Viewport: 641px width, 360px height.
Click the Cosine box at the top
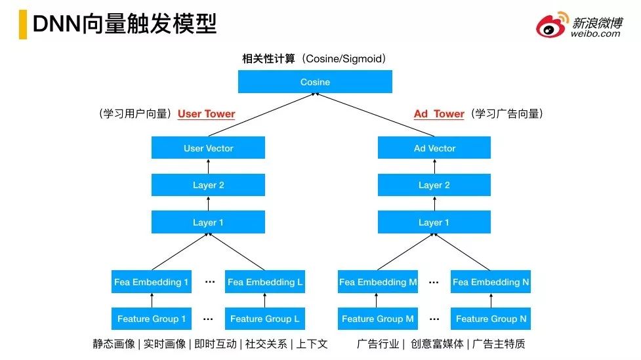(x=315, y=82)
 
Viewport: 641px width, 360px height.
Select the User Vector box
(x=208, y=148)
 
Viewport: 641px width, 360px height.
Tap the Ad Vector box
(x=434, y=148)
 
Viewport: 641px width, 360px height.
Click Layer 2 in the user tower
(x=208, y=185)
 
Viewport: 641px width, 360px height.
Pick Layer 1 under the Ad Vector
(x=434, y=222)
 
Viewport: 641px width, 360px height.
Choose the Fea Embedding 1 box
(x=152, y=281)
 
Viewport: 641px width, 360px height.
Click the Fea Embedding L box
(x=265, y=281)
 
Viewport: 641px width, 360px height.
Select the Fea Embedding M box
(x=378, y=281)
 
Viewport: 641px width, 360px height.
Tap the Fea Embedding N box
(x=491, y=281)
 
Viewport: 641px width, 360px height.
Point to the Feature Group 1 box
(x=152, y=318)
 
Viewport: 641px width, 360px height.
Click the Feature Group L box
(x=265, y=318)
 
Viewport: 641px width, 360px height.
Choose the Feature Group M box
(x=378, y=318)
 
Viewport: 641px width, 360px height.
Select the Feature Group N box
(x=491, y=318)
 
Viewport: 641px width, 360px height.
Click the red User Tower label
(x=207, y=113)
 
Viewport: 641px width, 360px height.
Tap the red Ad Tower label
(x=439, y=113)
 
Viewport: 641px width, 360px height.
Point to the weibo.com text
(x=595, y=34)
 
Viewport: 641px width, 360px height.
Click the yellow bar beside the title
(x=23, y=24)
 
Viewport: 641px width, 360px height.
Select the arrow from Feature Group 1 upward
(x=152, y=300)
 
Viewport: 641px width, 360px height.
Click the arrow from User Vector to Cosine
(x=262, y=114)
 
